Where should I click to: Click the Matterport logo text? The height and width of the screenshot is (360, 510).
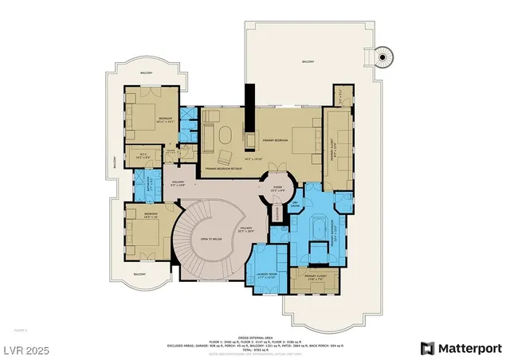[469, 348]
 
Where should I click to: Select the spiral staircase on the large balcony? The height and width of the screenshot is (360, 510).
[386, 55]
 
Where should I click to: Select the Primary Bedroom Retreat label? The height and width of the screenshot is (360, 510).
[223, 169]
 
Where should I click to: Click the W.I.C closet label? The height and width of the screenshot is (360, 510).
[143, 156]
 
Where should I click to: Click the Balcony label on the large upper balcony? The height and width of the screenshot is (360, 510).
[308, 61]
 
